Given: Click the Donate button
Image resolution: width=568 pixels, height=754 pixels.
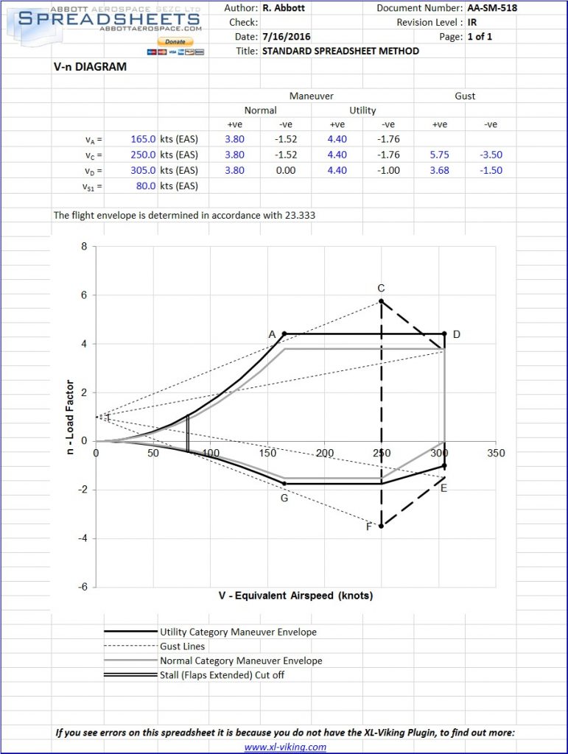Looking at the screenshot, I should click(x=175, y=42).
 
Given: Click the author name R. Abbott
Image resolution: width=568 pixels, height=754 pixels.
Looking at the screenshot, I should click(x=284, y=8).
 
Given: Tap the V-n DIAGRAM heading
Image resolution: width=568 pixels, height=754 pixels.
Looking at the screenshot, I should click(x=90, y=67).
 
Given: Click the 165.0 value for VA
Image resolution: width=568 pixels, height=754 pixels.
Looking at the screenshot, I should click(x=142, y=138).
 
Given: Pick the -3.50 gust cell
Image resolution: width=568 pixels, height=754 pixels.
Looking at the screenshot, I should click(x=490, y=155).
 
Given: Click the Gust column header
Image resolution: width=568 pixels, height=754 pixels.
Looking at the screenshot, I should click(x=465, y=96).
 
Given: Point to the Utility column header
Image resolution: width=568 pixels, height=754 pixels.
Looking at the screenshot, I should click(x=362, y=110).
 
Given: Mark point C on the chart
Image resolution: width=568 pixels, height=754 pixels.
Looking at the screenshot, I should click(x=381, y=301).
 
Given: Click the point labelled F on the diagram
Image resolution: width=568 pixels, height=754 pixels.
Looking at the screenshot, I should click(x=381, y=526).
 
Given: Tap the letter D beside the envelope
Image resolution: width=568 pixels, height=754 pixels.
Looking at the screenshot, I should click(x=457, y=335).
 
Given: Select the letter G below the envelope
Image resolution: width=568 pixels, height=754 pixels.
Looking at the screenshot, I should click(x=284, y=497).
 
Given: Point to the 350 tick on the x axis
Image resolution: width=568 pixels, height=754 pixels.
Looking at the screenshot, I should click(x=496, y=454).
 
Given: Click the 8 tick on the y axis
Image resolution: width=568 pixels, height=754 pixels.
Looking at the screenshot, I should click(x=84, y=247).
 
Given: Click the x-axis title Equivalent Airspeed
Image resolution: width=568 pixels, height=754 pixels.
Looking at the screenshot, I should click(x=295, y=596).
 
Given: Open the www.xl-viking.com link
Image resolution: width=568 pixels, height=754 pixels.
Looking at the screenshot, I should click(x=285, y=747).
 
